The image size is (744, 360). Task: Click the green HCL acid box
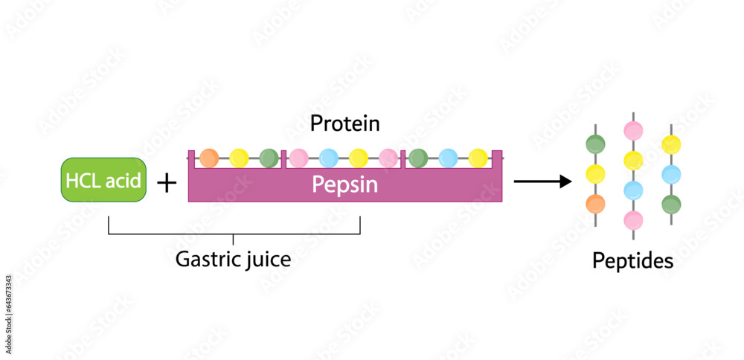(x=103, y=179)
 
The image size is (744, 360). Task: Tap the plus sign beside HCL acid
(x=167, y=181)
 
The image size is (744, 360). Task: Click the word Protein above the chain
(x=345, y=123)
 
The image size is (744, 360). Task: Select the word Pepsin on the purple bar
(x=344, y=185)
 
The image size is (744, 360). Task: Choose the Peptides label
(x=632, y=261)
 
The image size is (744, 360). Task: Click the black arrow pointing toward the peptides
(x=542, y=181)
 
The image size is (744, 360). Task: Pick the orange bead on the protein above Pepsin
(x=209, y=158)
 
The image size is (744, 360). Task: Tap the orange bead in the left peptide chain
(x=595, y=203)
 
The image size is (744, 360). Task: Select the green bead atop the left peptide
(x=595, y=144)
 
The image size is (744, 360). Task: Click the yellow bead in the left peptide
(x=595, y=174)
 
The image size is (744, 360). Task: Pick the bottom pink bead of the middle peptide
(x=633, y=220)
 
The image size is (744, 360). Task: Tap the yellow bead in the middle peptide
(x=633, y=161)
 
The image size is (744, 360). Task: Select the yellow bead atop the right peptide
(x=671, y=144)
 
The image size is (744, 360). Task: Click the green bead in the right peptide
(x=671, y=204)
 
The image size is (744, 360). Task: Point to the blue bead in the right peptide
(x=671, y=174)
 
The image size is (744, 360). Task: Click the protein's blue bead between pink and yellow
(x=328, y=158)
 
